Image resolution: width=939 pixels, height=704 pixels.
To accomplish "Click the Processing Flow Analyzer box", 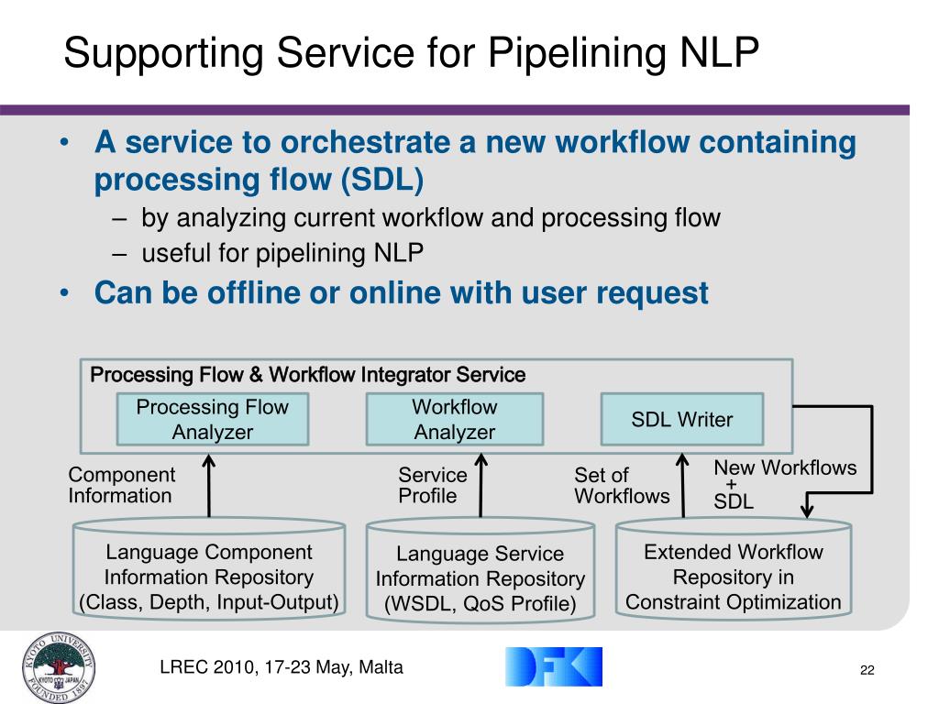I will pyautogui.click(x=212, y=419).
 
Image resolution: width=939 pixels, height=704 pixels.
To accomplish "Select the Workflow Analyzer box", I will pyautogui.click(x=454, y=419).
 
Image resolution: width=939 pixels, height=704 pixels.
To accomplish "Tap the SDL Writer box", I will pyautogui.click(x=681, y=420).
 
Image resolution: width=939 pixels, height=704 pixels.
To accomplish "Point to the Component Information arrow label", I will pyautogui.click(x=121, y=485).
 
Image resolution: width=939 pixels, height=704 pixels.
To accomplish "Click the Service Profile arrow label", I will pyautogui.click(x=432, y=485).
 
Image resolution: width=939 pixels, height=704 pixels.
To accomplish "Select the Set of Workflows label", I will pyautogui.click(x=622, y=485).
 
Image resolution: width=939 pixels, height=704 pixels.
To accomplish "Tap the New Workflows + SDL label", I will pyautogui.click(x=784, y=483).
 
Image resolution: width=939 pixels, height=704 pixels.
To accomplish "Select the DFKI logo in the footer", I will pyautogui.click(x=553, y=666).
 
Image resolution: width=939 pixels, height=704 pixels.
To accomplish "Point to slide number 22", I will pyautogui.click(x=867, y=671).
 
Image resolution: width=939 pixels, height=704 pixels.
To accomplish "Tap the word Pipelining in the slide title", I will pyautogui.click(x=575, y=53).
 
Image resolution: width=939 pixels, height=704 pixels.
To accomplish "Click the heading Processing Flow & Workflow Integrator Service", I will pyautogui.click(x=308, y=375).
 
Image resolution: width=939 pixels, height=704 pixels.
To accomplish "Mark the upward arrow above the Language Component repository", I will pyautogui.click(x=210, y=485).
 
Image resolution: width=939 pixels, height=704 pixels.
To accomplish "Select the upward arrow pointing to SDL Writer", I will pyautogui.click(x=682, y=485).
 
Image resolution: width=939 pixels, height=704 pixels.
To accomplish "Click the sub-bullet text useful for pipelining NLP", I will pyautogui.click(x=282, y=253).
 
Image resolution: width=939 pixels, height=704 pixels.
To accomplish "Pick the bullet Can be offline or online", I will pyautogui.click(x=401, y=293).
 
